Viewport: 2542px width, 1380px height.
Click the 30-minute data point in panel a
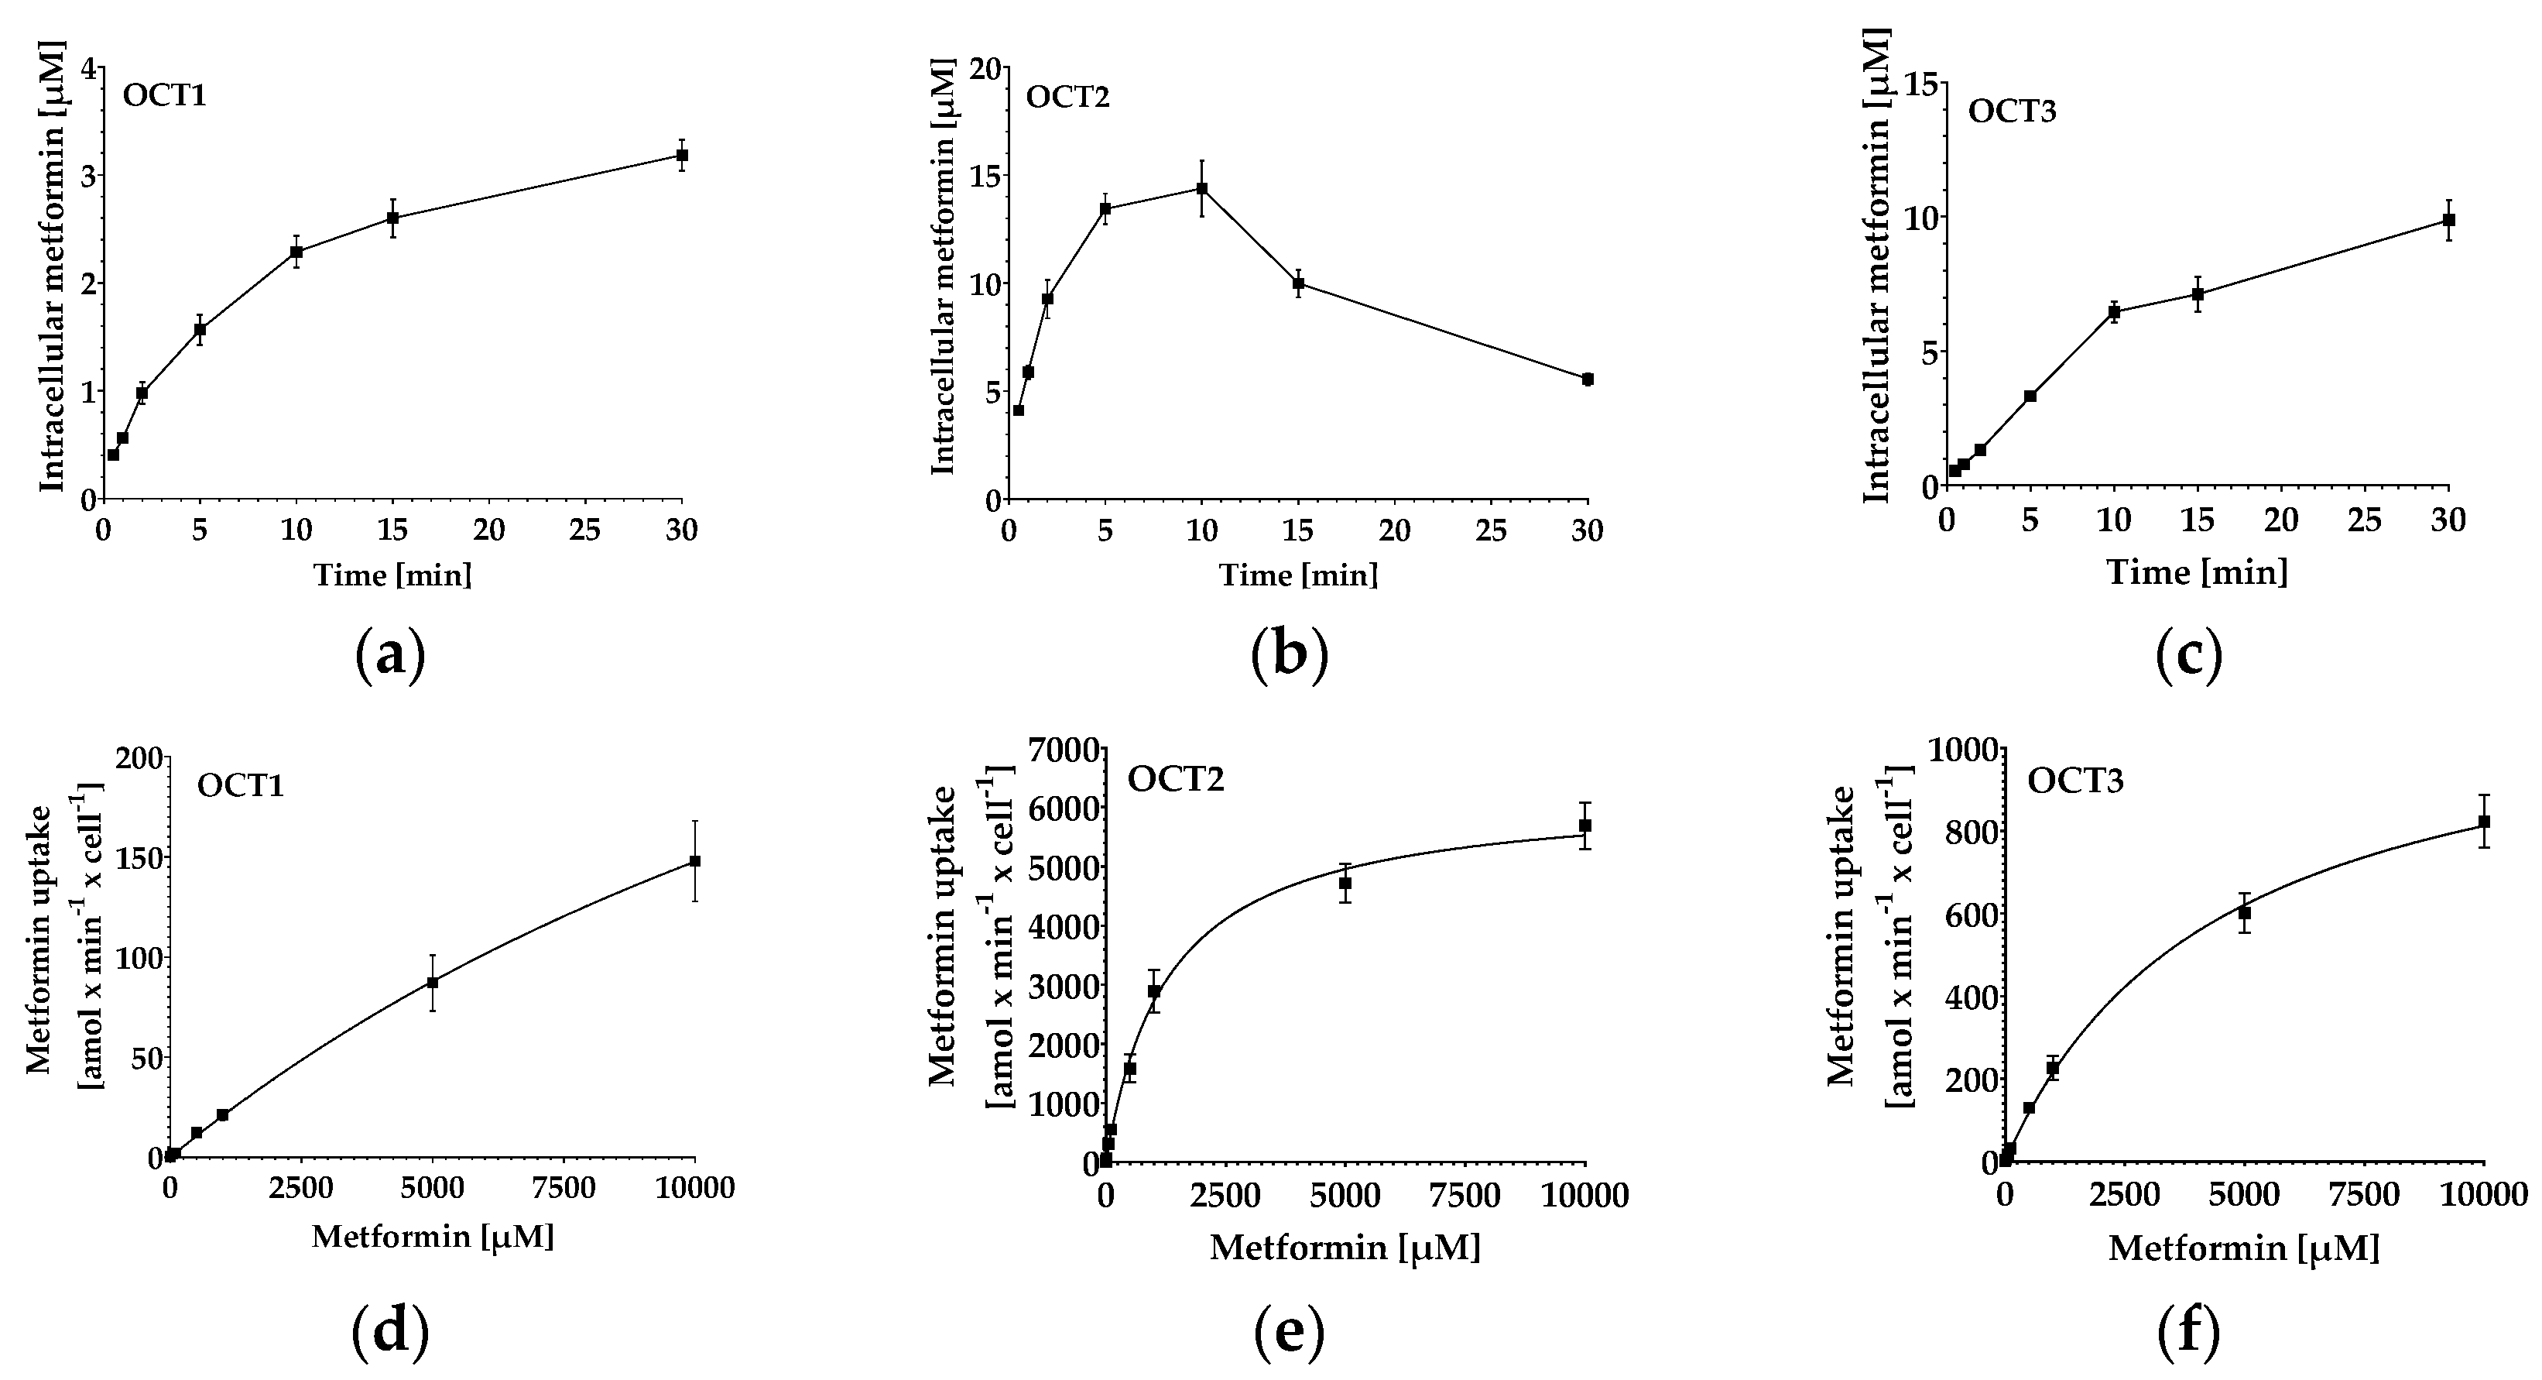pos(681,155)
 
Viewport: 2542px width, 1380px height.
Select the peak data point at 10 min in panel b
pos(1201,188)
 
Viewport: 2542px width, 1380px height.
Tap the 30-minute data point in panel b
pos(1588,379)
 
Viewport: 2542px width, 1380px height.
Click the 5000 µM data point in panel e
pos(1344,884)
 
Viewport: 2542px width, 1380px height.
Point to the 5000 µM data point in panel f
pos(2244,913)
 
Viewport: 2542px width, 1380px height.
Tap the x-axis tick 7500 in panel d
pos(564,1187)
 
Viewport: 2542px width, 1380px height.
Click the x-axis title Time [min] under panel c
pos(2198,572)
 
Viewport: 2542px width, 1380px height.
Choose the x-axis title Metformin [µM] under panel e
pos(1346,1248)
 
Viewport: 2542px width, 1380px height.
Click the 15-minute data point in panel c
pos(2198,294)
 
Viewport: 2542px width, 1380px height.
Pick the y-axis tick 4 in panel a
pos(91,68)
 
